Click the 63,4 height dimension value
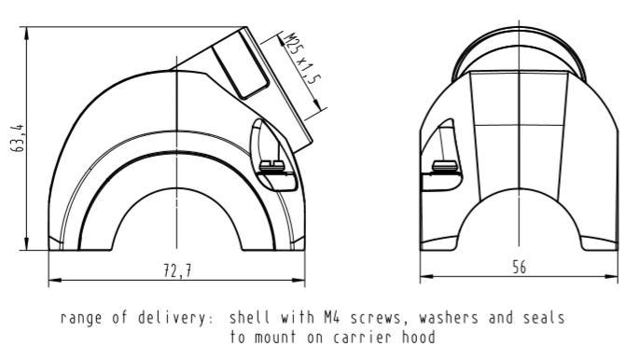(x=18, y=138)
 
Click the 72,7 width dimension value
(x=177, y=270)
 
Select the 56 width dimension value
(x=520, y=268)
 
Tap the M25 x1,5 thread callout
(x=302, y=59)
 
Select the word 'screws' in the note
(x=375, y=318)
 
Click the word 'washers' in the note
(x=449, y=318)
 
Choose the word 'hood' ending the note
(x=419, y=338)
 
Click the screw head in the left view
(x=272, y=165)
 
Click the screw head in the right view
(x=445, y=165)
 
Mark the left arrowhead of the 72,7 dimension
(x=55, y=280)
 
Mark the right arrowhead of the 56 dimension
(x=612, y=276)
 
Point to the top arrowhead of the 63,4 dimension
(x=26, y=34)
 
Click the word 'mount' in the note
(x=275, y=338)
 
